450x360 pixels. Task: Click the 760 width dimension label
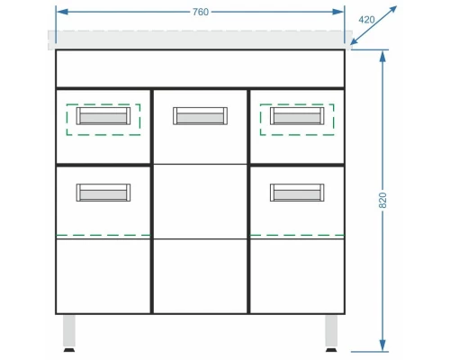[x=201, y=12]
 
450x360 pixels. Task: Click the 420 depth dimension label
[x=366, y=20]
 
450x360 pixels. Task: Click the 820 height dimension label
[x=382, y=201]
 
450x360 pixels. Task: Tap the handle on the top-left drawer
[x=103, y=116]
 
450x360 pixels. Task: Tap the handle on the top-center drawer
[x=200, y=116]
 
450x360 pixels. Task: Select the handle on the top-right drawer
[x=297, y=116]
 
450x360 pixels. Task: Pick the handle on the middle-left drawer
[x=103, y=193]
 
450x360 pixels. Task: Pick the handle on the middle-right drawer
[x=297, y=193]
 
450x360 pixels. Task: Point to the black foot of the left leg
[x=69, y=350]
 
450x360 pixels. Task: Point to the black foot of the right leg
[x=331, y=350]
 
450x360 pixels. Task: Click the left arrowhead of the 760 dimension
[x=62, y=12]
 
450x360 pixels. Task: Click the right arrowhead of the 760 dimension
[x=337, y=12]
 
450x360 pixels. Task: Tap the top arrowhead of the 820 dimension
[x=382, y=57]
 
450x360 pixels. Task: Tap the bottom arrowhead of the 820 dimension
[x=382, y=345]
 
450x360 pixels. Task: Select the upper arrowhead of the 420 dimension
[x=392, y=10]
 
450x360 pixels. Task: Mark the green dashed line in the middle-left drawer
[x=103, y=235]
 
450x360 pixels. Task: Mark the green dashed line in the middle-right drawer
[x=297, y=235]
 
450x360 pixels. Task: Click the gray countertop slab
[x=200, y=40]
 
